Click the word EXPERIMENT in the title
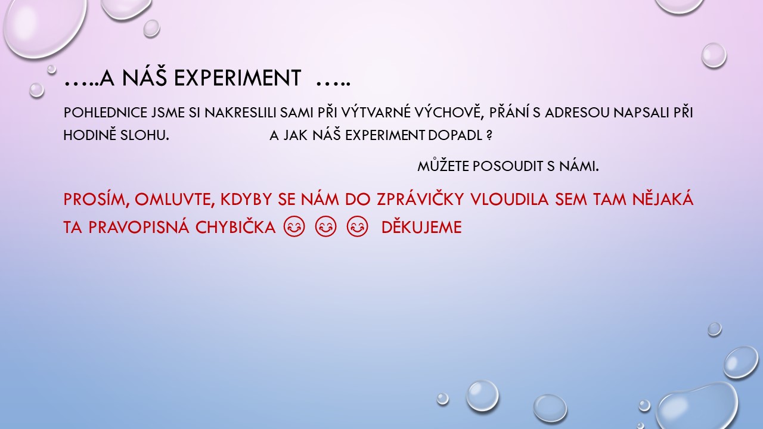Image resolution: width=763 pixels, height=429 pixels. pos(237,78)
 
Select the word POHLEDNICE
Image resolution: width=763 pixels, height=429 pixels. pos(106,113)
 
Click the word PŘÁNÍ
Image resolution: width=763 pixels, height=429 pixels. pos(509,112)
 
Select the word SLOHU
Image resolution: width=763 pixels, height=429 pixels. pos(145,135)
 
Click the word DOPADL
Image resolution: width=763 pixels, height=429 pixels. pos(455,135)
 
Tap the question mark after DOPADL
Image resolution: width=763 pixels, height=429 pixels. pos(489,135)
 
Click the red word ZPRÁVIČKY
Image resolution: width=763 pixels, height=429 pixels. pos(420,198)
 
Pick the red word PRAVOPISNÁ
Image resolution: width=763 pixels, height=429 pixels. pos(139,227)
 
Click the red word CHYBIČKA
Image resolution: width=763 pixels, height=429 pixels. pos(235,226)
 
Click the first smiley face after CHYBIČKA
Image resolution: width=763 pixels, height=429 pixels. pos(294,226)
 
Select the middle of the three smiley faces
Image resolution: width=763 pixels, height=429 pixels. pos(325,226)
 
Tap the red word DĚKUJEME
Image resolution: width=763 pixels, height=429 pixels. pos(421,226)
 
